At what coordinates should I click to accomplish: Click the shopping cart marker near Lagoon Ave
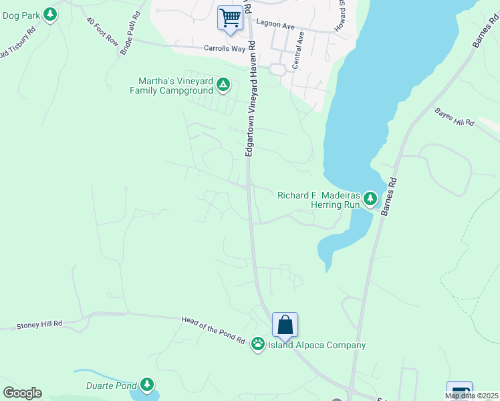coord(230,18)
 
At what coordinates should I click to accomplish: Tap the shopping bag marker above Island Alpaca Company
coord(285,325)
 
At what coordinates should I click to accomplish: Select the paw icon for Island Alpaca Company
coord(258,344)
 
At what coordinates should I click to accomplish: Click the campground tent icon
coord(223,86)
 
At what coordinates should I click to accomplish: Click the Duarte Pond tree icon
coord(147,385)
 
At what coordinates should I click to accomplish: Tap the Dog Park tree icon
coord(50,13)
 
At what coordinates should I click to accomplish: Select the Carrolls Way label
coord(221,48)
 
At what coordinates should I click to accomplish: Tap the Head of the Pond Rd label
coord(213,330)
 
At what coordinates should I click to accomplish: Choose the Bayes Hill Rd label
coord(455,118)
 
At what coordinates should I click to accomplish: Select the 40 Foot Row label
coord(102,31)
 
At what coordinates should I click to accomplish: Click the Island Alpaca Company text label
coord(317,346)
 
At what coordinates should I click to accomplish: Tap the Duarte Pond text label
coord(111,386)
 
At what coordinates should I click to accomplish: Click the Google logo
coord(22,393)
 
